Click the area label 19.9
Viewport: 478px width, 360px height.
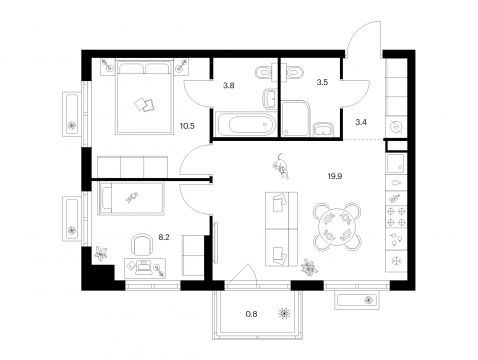(335, 176)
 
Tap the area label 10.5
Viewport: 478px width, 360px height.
(187, 126)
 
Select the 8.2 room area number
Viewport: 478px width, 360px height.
(164, 237)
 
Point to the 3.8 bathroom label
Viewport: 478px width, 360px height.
(229, 85)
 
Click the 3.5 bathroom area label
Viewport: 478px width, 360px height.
(322, 82)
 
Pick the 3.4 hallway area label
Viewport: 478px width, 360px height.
(361, 122)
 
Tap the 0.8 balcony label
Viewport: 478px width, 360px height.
(251, 314)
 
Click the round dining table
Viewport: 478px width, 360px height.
(337, 227)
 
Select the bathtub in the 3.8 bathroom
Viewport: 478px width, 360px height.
(246, 125)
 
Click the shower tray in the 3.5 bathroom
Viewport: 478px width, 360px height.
(296, 119)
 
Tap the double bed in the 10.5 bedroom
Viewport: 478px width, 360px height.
(144, 97)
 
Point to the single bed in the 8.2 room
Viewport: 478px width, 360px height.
(131, 198)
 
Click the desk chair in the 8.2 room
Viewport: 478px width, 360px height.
(143, 245)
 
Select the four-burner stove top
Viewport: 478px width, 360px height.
(396, 217)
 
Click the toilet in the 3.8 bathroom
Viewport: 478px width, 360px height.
(265, 73)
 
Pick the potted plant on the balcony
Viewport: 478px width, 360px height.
(284, 313)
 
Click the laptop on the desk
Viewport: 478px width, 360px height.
(143, 268)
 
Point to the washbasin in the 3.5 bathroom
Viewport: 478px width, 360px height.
(323, 129)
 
